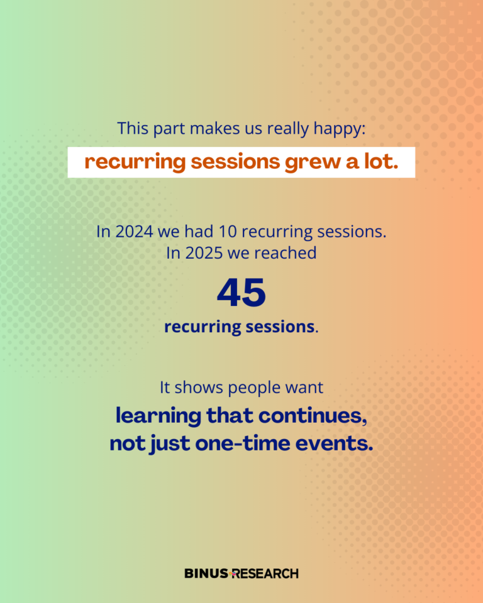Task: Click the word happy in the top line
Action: pos(340,129)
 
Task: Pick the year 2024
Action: pos(134,232)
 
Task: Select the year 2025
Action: pos(204,253)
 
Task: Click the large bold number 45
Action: pos(241,293)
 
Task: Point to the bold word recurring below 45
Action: pos(203,327)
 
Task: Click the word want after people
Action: pos(304,388)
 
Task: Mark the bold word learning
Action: pos(158,416)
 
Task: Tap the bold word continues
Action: pos(313,416)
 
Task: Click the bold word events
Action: pos(335,443)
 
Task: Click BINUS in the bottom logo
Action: pos(206,573)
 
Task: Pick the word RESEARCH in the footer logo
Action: pos(265,573)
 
